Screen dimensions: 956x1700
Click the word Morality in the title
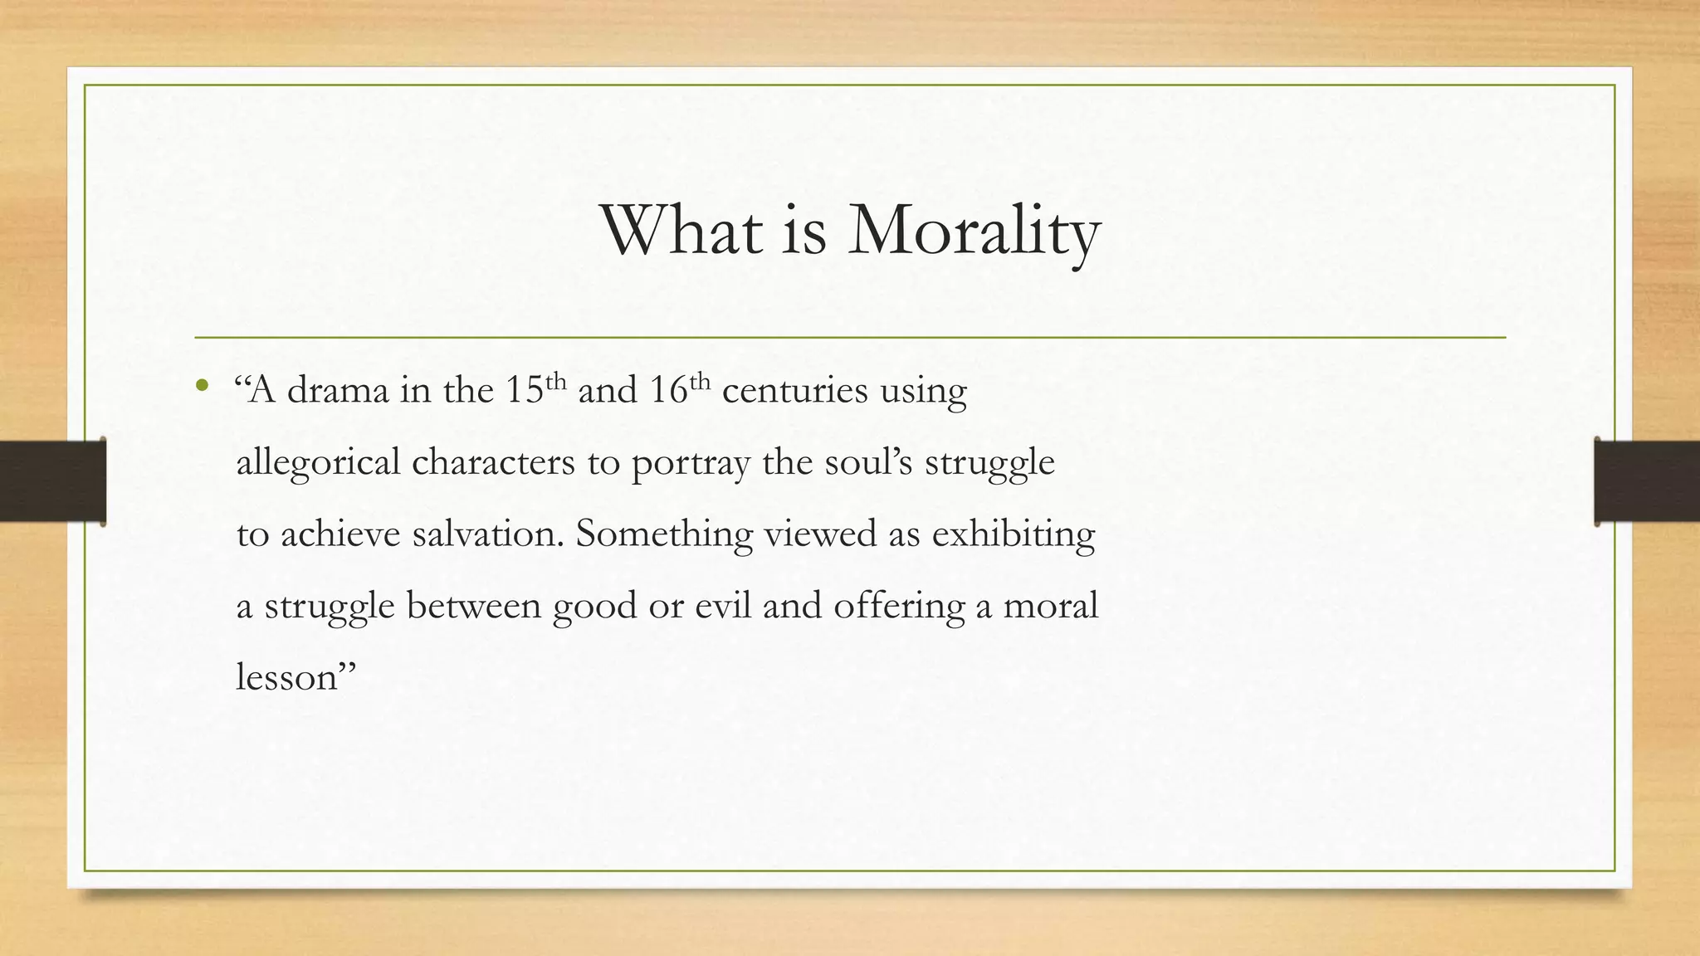click(x=974, y=232)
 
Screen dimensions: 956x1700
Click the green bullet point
click(x=201, y=386)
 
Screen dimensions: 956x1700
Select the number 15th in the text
click(x=535, y=388)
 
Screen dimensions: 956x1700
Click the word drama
click(x=338, y=390)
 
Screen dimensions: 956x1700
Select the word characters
click(x=493, y=462)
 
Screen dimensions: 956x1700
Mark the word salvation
click(x=487, y=534)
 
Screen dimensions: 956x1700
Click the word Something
click(x=664, y=534)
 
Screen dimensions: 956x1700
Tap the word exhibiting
click(x=1013, y=534)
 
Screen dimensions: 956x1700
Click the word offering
click(x=899, y=607)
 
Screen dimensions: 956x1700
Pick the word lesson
click(x=287, y=678)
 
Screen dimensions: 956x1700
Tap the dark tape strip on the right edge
click(x=1647, y=481)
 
